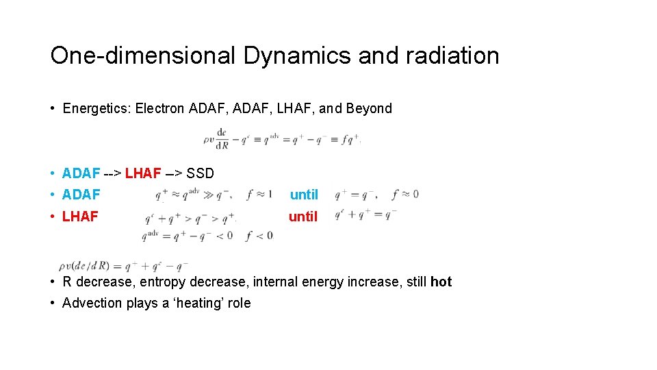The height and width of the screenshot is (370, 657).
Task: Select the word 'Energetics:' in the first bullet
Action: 97,108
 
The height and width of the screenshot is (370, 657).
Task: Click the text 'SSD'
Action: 201,173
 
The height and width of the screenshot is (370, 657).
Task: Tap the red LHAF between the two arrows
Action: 143,173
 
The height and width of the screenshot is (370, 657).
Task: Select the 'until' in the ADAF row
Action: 304,195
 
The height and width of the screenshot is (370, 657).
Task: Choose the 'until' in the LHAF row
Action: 303,217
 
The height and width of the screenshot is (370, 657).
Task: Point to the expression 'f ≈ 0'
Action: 404,195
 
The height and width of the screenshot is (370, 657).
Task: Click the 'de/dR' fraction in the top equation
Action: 222,139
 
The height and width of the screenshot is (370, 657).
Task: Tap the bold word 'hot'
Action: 441,282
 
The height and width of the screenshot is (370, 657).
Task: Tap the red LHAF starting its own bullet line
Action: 80,217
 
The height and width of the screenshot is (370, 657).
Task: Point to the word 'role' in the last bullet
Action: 239,303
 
